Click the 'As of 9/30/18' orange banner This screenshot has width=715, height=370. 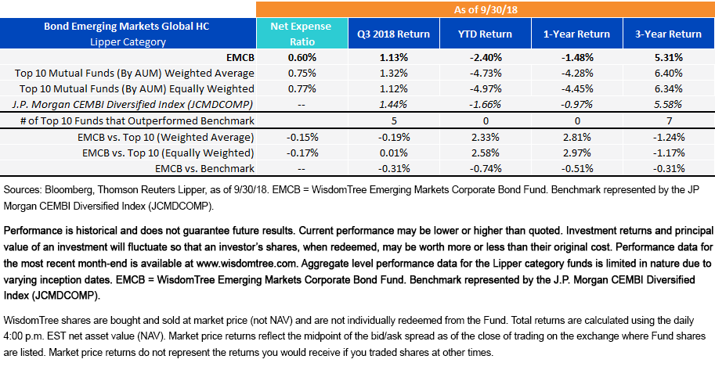click(486, 9)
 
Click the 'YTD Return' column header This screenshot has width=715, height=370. click(485, 34)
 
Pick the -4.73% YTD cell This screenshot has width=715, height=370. click(485, 72)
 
